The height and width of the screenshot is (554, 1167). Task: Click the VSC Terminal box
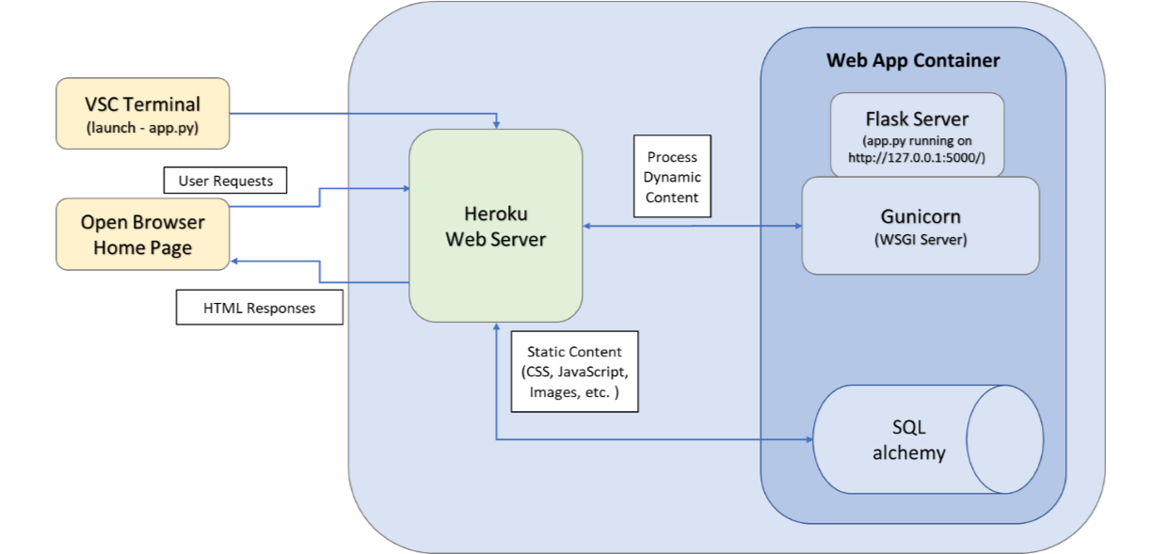tap(143, 113)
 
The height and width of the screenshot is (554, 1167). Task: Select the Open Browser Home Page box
tap(143, 234)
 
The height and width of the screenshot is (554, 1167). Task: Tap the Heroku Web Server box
tap(495, 226)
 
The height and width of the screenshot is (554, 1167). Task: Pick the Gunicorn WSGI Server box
tap(920, 226)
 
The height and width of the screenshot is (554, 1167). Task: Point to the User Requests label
tap(225, 181)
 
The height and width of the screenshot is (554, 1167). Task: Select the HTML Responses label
tap(259, 308)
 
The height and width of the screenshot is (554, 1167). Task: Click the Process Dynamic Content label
tap(672, 177)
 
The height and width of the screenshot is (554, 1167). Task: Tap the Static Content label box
tap(574, 372)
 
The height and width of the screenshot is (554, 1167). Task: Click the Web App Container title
tap(913, 60)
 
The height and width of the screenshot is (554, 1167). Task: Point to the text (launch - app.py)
tap(143, 127)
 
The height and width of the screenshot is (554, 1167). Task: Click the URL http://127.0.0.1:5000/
tap(917, 158)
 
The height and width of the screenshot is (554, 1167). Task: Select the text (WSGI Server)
tap(920, 240)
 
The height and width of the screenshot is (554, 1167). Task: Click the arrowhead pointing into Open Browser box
tap(235, 261)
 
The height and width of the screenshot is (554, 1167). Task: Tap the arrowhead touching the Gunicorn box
tap(797, 226)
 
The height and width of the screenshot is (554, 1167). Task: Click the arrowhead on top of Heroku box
tap(496, 124)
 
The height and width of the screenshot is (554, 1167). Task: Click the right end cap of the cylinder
tap(1005, 439)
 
